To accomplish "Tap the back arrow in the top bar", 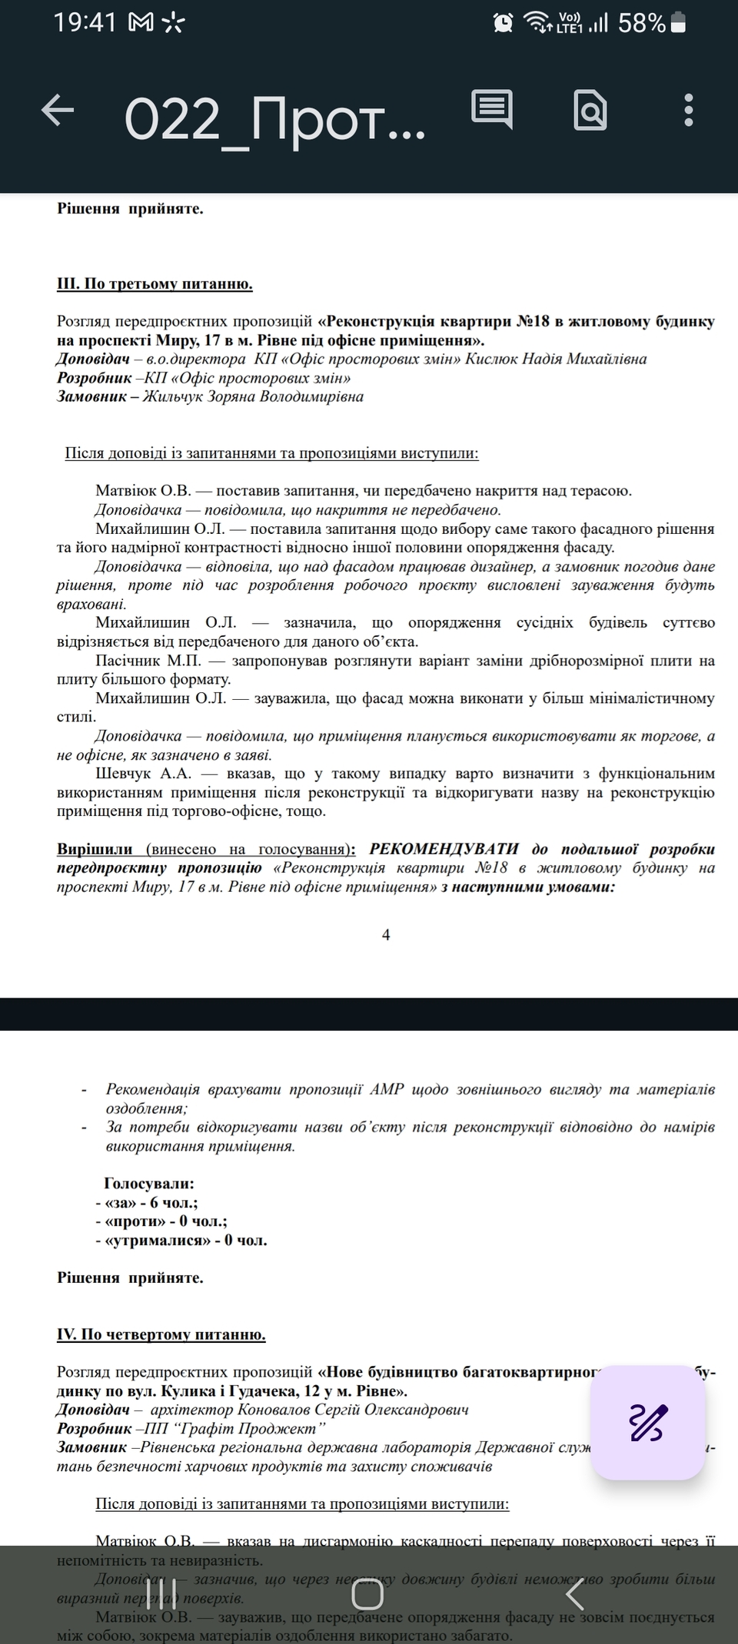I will [x=58, y=110].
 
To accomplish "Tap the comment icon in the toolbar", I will [x=491, y=110].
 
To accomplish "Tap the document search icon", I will [x=590, y=111].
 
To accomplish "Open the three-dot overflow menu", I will [x=689, y=111].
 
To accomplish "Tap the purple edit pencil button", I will [x=647, y=1422].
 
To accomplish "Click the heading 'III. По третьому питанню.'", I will [x=155, y=284].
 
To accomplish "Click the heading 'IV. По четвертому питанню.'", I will [x=161, y=1334].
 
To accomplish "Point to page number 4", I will [x=386, y=935].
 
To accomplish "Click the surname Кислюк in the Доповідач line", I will [x=490, y=359].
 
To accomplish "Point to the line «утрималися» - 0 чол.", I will [x=181, y=1241].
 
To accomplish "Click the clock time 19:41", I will [x=85, y=23].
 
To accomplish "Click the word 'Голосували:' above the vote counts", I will [x=149, y=1184].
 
